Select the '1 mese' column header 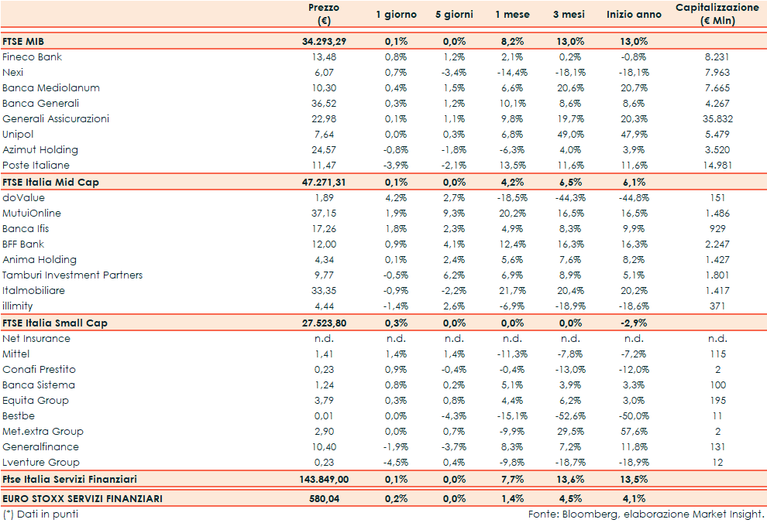(x=512, y=15)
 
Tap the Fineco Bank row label (x=33, y=57)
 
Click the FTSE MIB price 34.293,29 (x=324, y=41)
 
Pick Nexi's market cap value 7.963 (x=717, y=73)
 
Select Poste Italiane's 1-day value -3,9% (x=396, y=166)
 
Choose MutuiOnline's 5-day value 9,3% (x=454, y=214)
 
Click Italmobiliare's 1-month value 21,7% (x=512, y=291)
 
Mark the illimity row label (x=18, y=306)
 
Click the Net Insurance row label (x=36, y=339)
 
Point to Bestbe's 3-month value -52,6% (x=570, y=416)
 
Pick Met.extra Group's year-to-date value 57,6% (x=634, y=432)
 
